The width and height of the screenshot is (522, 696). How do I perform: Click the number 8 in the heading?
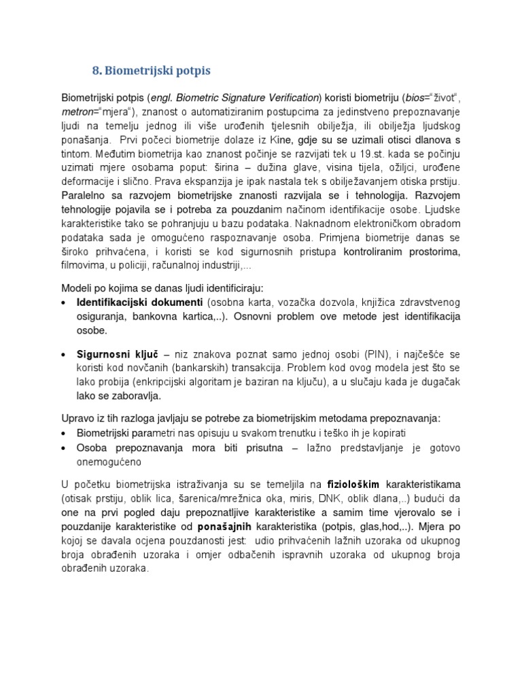[96, 71]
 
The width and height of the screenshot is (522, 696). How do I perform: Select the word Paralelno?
[84, 196]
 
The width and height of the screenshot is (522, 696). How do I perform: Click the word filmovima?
[86, 266]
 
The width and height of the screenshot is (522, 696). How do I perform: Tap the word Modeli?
[76, 288]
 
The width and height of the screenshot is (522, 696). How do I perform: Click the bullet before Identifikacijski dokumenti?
[64, 302]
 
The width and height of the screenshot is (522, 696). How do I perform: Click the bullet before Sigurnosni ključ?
[64, 355]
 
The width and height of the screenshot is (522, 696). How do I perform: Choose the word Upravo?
[77, 417]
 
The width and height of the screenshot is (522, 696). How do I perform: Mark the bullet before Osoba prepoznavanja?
[64, 448]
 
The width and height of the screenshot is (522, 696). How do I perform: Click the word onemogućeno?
[109, 462]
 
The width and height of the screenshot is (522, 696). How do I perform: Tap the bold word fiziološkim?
[355, 484]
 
